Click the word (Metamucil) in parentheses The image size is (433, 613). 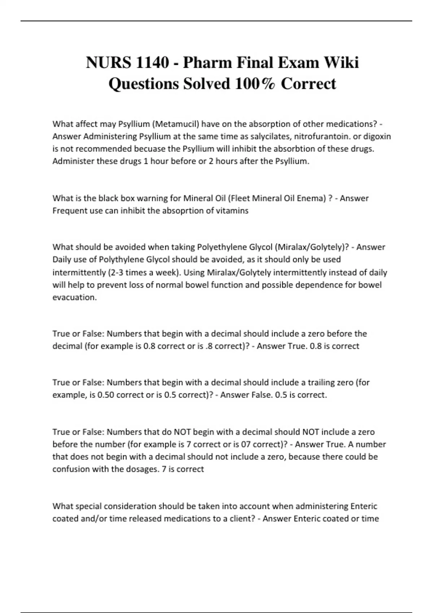click(x=176, y=124)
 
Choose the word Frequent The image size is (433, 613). click(x=70, y=211)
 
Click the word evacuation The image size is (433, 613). click(x=74, y=297)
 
